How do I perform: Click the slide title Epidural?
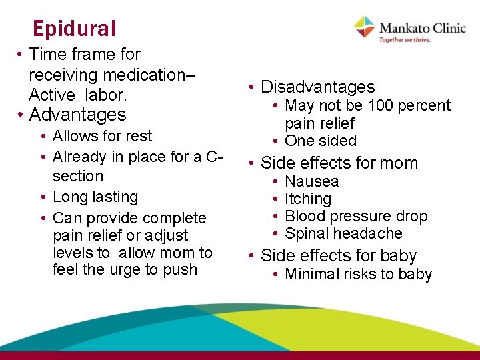pyautogui.click(x=74, y=29)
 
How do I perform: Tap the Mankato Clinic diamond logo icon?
pyautogui.click(x=364, y=27)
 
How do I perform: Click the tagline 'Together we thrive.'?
pyautogui.click(x=405, y=39)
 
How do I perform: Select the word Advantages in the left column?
pyautogui.click(x=77, y=115)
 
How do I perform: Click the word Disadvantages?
pyautogui.click(x=317, y=87)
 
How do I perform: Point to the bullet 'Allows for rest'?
pyautogui.click(x=102, y=136)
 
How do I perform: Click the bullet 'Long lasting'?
pyautogui.click(x=95, y=197)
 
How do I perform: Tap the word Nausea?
pyautogui.click(x=311, y=181)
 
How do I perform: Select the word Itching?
pyautogui.click(x=307, y=199)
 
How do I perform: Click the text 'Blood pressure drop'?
pyautogui.click(x=356, y=216)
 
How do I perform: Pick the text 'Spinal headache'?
pyautogui.click(x=343, y=233)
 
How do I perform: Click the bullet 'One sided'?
pyautogui.click(x=320, y=141)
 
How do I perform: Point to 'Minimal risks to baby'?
pyautogui.click(x=358, y=274)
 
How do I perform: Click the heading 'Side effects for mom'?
pyautogui.click(x=339, y=163)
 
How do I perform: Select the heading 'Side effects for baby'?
pyautogui.click(x=339, y=256)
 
